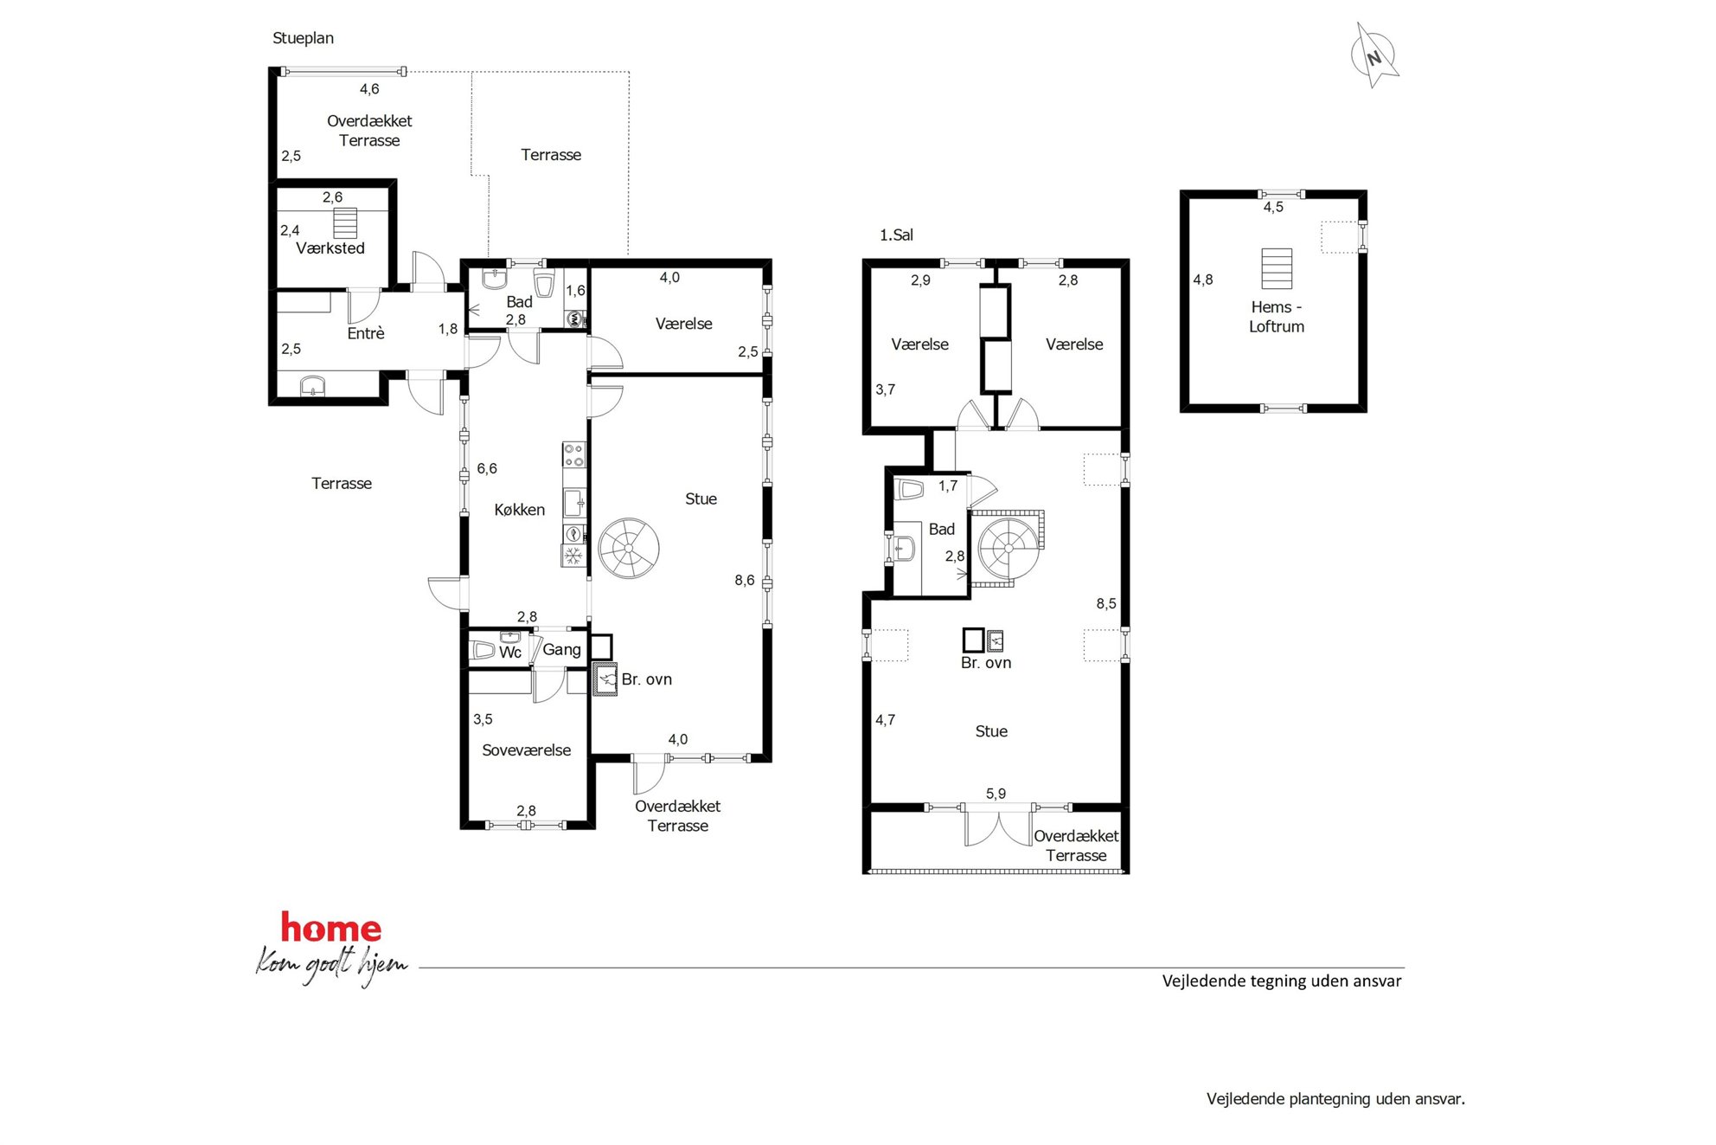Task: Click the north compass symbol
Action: pyautogui.click(x=1374, y=55)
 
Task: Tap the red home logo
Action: pyautogui.click(x=331, y=929)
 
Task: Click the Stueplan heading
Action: pyautogui.click(x=303, y=38)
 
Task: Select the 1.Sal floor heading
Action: pyautogui.click(x=896, y=235)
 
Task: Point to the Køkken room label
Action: pyautogui.click(x=519, y=510)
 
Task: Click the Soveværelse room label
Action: pyautogui.click(x=526, y=750)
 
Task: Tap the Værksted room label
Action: pyautogui.click(x=330, y=248)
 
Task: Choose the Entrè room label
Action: pyautogui.click(x=366, y=333)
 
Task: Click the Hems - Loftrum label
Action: pyautogui.click(x=1277, y=317)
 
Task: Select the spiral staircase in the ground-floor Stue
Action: pyautogui.click(x=629, y=548)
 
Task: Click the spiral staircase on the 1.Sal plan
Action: pyautogui.click(x=1008, y=548)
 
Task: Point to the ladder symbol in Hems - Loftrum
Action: pyautogui.click(x=1277, y=268)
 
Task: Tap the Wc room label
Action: pyautogui.click(x=510, y=653)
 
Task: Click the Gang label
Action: pyautogui.click(x=561, y=650)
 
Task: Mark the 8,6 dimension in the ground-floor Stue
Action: pyautogui.click(x=745, y=581)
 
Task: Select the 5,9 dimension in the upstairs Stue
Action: pyautogui.click(x=996, y=794)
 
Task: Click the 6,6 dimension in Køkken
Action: pyautogui.click(x=487, y=468)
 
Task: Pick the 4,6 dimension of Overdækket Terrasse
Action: pyautogui.click(x=369, y=89)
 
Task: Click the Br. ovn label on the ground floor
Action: pyautogui.click(x=646, y=679)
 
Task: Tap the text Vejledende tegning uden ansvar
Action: pyautogui.click(x=1282, y=981)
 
